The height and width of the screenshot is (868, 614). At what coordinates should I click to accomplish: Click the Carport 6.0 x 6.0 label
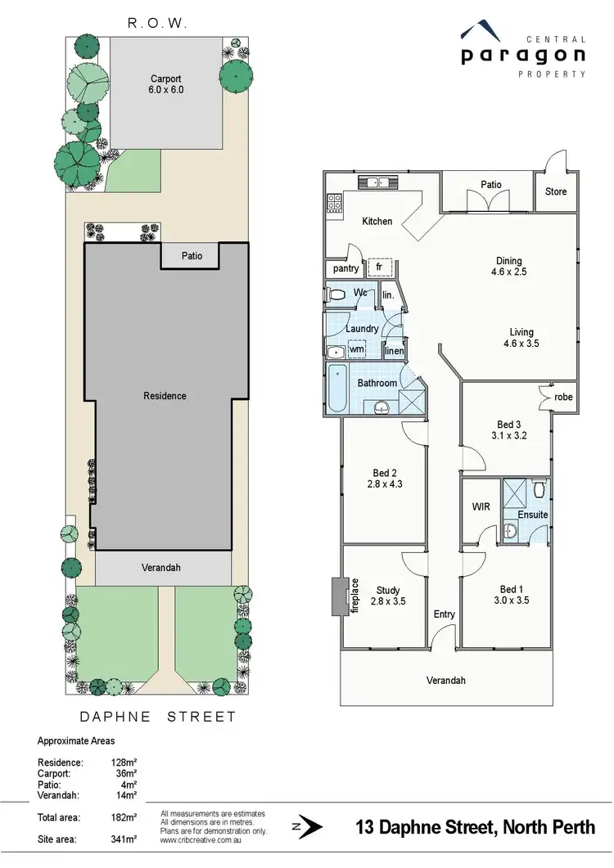[166, 84]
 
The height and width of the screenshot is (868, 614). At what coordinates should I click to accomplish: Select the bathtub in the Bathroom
[337, 391]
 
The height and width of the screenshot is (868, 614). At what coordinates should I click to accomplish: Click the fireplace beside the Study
[335, 597]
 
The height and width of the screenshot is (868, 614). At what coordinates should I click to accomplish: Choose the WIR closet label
[481, 507]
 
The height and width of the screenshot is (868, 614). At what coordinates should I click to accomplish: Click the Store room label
[556, 192]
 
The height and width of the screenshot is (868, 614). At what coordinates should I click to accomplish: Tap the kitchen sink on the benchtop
[378, 183]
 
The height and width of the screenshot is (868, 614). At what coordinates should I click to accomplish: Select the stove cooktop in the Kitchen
[334, 203]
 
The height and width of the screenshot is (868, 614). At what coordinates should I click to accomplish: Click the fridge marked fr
[379, 267]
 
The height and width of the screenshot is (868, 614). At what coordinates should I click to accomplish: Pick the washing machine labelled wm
[356, 349]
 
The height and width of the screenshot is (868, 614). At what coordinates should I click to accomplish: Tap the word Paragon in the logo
[522, 56]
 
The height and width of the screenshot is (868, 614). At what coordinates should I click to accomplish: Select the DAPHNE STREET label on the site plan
[157, 717]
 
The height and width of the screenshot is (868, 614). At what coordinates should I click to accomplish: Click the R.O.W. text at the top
[157, 24]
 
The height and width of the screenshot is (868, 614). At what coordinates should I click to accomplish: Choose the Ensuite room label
[532, 515]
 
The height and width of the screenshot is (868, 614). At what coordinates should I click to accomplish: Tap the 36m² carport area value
[124, 772]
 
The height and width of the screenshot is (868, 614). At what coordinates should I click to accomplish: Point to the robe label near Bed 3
[562, 398]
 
